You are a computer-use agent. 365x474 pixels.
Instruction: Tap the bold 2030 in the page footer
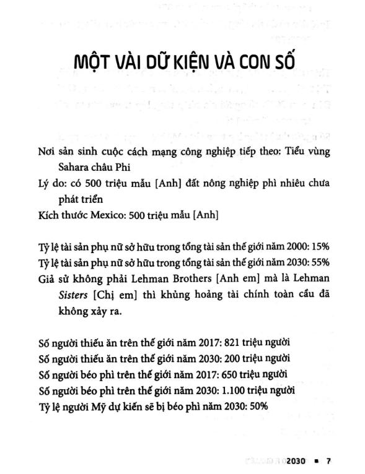[297, 462]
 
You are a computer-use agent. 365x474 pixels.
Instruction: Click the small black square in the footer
[317, 462]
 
